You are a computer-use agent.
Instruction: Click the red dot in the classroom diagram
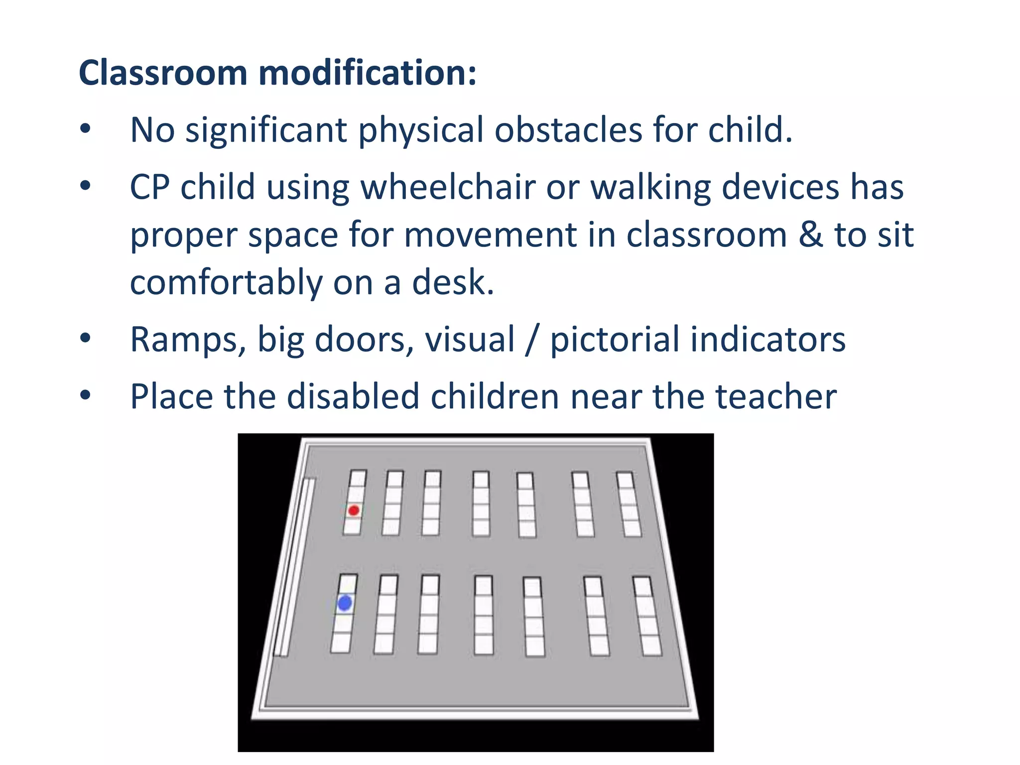pos(354,510)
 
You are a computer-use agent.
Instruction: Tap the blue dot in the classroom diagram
pos(345,603)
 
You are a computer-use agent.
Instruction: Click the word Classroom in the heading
pos(163,73)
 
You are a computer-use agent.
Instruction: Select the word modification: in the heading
pos(368,73)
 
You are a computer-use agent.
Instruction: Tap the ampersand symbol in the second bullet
pos(810,235)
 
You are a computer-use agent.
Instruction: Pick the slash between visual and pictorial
pos(532,340)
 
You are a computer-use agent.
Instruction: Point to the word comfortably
pos(226,283)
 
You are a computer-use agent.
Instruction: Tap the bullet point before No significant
pos(86,129)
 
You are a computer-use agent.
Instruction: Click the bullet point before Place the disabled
pos(86,395)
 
